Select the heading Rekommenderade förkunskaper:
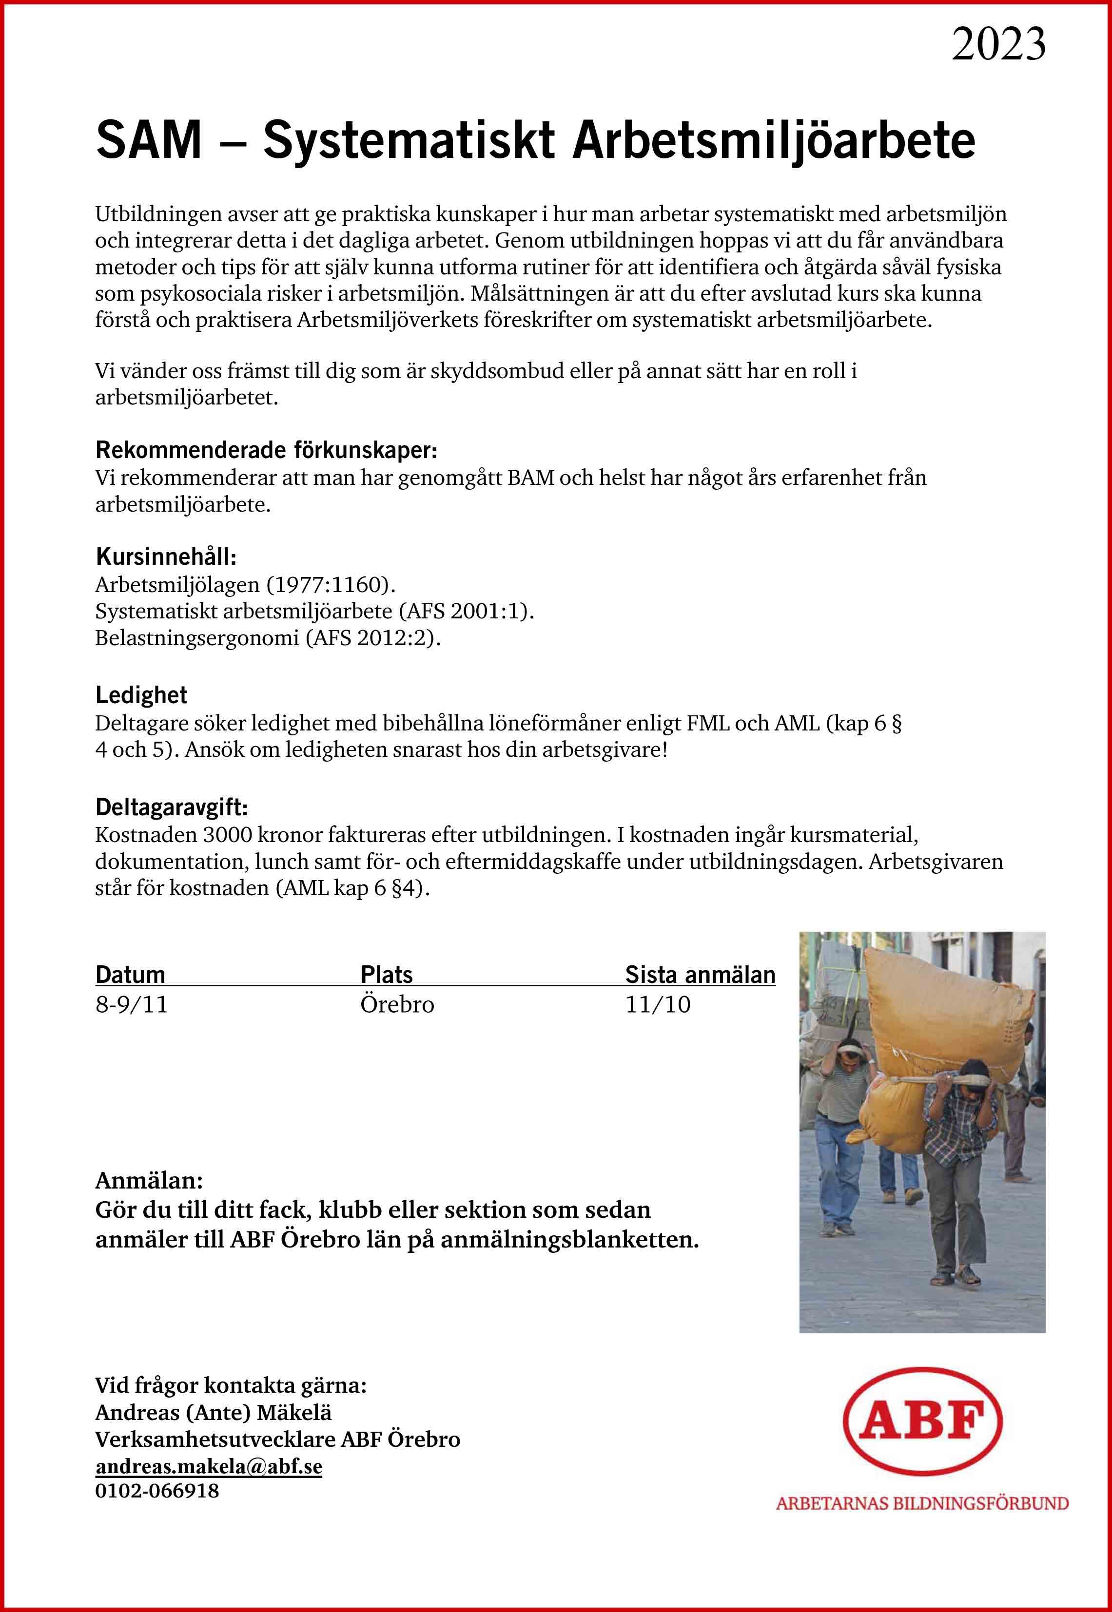coord(266,451)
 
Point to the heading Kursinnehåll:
coord(166,557)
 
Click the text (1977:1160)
coord(331,584)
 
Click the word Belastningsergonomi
coord(196,638)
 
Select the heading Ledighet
coord(141,695)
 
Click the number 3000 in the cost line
coord(227,835)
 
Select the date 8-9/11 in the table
coord(132,1005)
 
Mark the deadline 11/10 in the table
coord(658,1005)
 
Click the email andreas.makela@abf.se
coord(208,1466)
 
